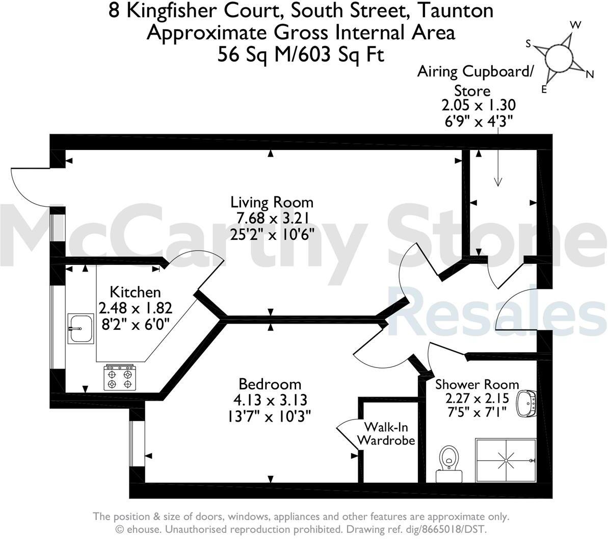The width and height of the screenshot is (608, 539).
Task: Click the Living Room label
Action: tap(272, 202)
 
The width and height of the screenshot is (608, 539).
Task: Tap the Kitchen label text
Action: tap(135, 292)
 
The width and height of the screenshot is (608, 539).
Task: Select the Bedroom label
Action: tap(270, 384)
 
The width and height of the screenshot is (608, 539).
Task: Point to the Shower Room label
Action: tap(477, 384)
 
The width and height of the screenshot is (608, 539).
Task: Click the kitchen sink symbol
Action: tap(81, 327)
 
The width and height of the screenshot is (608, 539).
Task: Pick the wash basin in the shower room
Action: tap(527, 404)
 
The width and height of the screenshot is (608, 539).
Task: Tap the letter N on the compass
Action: tap(590, 75)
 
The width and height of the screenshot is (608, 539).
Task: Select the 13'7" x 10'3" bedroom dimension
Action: tap(270, 416)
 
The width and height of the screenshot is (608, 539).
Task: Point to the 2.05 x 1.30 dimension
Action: tap(479, 106)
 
